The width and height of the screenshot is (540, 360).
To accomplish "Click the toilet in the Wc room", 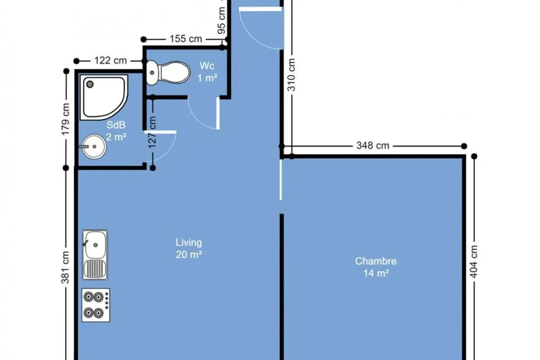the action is pyautogui.click(x=168, y=72).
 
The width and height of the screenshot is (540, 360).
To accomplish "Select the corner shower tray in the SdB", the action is pyautogui.click(x=104, y=97).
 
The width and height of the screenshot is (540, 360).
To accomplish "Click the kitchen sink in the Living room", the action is pyautogui.click(x=95, y=255).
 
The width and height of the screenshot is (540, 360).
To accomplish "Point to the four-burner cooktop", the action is pyautogui.click(x=96, y=305).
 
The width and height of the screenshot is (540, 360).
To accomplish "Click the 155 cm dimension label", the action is pyautogui.click(x=186, y=39).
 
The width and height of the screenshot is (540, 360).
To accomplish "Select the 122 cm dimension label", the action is pyautogui.click(x=110, y=60).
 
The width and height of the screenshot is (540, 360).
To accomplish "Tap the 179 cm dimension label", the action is pyautogui.click(x=65, y=119).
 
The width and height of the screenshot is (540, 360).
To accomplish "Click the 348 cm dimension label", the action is pyautogui.click(x=373, y=146).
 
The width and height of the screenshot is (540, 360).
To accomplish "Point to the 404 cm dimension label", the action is pyautogui.click(x=474, y=261).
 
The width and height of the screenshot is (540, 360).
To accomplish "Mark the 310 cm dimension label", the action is pyautogui.click(x=292, y=75).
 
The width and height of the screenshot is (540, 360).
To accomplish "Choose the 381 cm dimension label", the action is pyautogui.click(x=65, y=267).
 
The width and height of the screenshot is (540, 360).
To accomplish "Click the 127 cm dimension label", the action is pyautogui.click(x=153, y=132).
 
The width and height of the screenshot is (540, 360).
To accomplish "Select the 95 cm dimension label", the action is pyautogui.click(x=221, y=21).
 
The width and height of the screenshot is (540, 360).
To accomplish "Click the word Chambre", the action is pyautogui.click(x=376, y=261).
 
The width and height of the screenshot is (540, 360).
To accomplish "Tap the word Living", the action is pyautogui.click(x=189, y=243).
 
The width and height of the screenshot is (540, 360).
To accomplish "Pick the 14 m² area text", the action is pyautogui.click(x=376, y=274).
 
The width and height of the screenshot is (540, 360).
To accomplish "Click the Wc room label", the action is pyautogui.click(x=207, y=66).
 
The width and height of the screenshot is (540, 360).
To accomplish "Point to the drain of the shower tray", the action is pyautogui.click(x=90, y=85).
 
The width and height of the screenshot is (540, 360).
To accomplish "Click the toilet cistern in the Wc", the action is pyautogui.click(x=152, y=72).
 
